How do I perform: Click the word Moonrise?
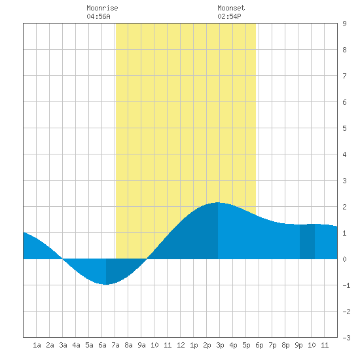coord(102,8)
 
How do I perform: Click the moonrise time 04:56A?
coord(98,16)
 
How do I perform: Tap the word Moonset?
coord(231,8)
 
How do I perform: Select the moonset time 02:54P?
coord(229,16)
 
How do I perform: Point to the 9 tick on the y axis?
coord(344,24)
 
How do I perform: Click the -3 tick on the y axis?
coord(346,338)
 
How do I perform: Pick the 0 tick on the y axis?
coord(344,259)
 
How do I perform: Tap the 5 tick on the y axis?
coord(344,128)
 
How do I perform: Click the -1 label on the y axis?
coord(346,285)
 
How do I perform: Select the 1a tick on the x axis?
coord(37,345)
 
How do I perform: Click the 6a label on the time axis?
coord(102,345)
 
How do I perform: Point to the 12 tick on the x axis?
coord(181,345)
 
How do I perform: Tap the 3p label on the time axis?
coord(220,345)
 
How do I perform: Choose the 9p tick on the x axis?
coord(298,345)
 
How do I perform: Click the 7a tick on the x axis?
coord(115,345)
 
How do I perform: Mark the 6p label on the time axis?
coord(259,345)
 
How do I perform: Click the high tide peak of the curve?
coord(218,202)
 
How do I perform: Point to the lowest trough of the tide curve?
coord(105,285)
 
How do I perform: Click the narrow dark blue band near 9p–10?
coord(307,242)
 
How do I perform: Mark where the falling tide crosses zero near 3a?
coord(62,259)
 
